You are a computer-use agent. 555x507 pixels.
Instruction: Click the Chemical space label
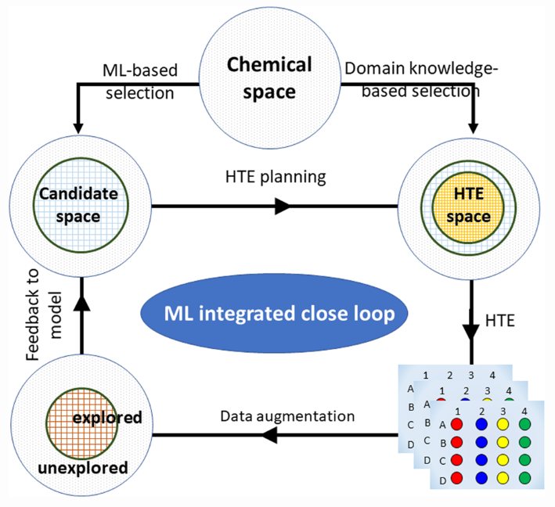click(x=269, y=77)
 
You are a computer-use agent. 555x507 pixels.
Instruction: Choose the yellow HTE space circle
click(x=467, y=206)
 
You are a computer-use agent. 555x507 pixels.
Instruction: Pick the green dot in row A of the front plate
click(x=526, y=425)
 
